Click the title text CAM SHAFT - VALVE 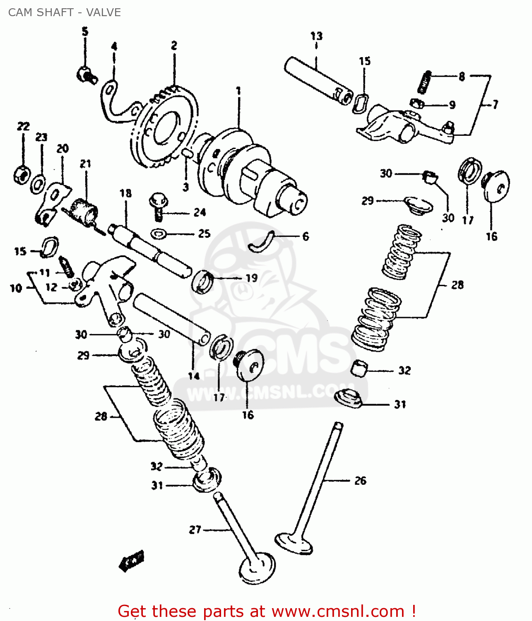pos(65,12)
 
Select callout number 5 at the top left pos(85,31)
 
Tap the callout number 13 pos(316,36)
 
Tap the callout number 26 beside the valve pos(360,481)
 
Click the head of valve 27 pos(257,569)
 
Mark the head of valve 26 pos(294,543)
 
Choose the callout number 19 pos(252,278)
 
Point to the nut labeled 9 pos(416,103)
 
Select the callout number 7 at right pos(495,105)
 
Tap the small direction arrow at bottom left pos(132,561)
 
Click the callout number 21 pos(85,164)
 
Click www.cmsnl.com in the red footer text pos(338,611)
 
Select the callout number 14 pos(194,376)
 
